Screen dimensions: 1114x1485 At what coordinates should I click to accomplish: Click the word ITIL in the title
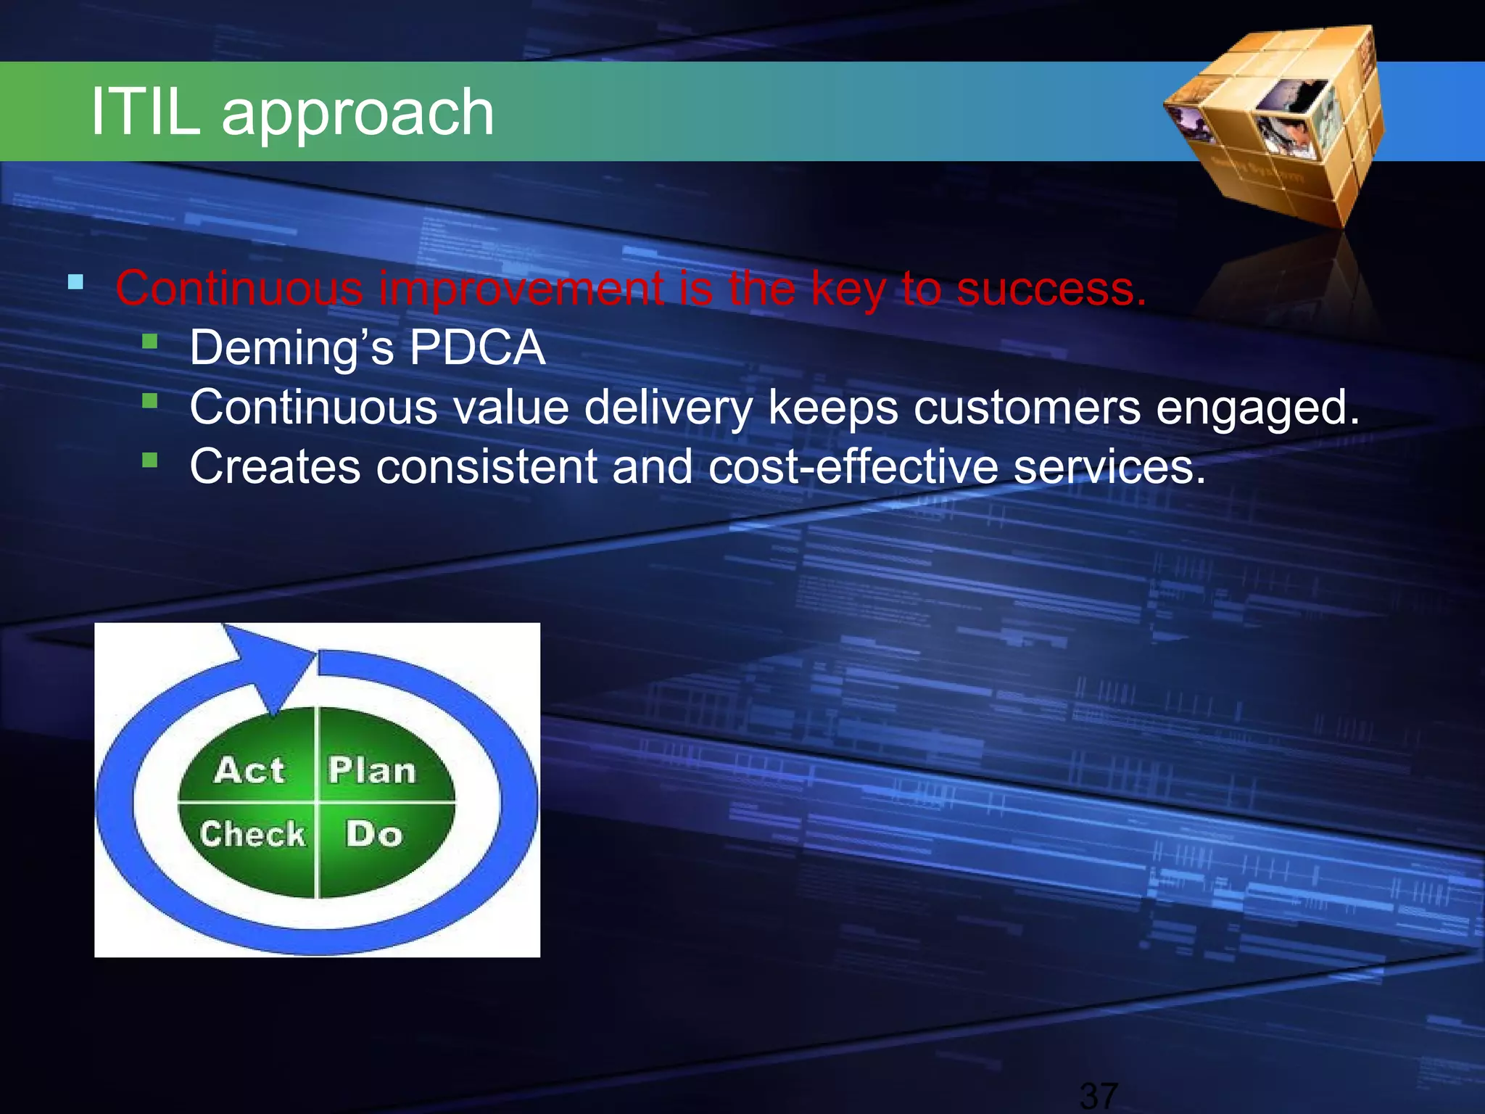point(145,112)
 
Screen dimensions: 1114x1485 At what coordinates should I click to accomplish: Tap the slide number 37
point(1099,1095)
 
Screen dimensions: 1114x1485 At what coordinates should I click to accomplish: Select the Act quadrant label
point(249,770)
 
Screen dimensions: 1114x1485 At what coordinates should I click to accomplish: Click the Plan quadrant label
point(372,770)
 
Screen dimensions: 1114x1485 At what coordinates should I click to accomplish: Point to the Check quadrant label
point(252,834)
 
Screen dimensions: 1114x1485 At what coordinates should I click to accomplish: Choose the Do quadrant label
point(373,834)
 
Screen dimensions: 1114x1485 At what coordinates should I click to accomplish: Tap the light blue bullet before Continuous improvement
point(75,282)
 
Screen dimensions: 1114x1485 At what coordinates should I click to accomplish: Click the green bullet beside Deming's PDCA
point(150,341)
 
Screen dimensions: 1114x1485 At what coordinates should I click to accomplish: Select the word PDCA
point(476,347)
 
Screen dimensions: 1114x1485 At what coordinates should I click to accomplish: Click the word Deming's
point(291,347)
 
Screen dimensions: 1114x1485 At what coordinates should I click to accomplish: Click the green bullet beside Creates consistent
point(150,460)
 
